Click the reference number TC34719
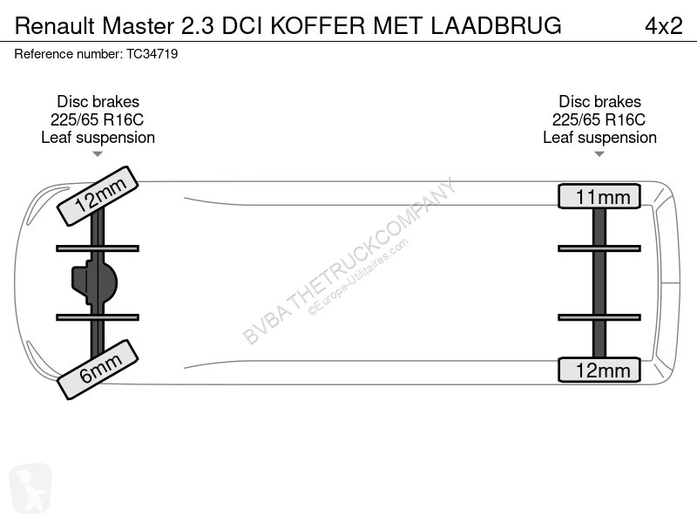tap(152, 54)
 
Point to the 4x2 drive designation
tap(663, 26)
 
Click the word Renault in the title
tap(55, 26)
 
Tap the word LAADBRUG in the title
tap(496, 26)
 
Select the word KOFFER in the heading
tap(318, 26)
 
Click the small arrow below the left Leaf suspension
tap(98, 154)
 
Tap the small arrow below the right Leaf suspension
tap(599, 154)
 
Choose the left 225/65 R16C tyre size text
tap(97, 119)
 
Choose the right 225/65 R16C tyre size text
tap(599, 119)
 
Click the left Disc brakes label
tap(98, 101)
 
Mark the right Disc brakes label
tap(599, 101)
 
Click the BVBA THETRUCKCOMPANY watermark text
tap(349, 261)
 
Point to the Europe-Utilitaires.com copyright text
tap(358, 277)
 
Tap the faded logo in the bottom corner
tap(30, 488)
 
